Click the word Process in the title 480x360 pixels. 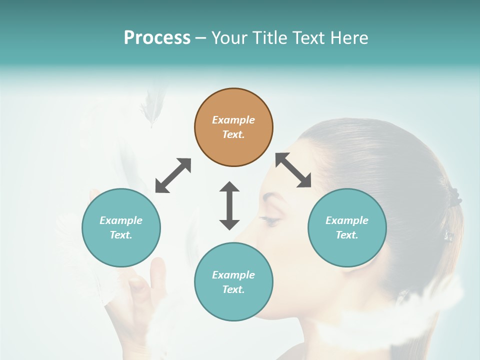click(x=157, y=38)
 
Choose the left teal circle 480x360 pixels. click(x=121, y=227)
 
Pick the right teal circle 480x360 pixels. click(x=347, y=227)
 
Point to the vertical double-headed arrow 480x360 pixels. click(x=229, y=205)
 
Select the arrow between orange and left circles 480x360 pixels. click(x=173, y=175)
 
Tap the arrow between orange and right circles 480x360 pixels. click(x=293, y=170)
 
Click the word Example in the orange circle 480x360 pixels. click(x=233, y=120)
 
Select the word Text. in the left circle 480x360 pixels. click(x=121, y=235)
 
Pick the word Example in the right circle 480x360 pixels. click(x=347, y=220)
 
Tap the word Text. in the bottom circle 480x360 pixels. click(x=233, y=289)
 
